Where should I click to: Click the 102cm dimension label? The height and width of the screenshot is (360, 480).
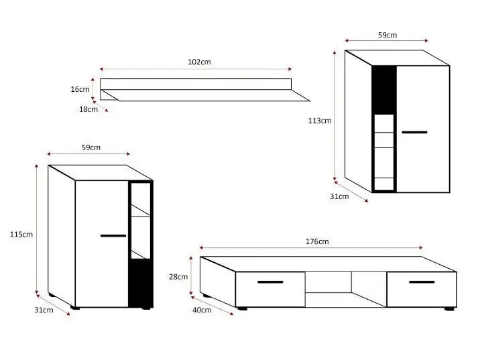point(199,62)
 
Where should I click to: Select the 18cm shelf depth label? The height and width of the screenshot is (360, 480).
point(87,109)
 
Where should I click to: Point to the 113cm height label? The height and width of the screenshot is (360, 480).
point(318,121)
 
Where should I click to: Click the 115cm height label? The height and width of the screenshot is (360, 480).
point(21,235)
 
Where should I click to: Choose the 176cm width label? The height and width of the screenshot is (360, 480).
point(316,241)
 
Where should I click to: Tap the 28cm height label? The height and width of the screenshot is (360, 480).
point(179,276)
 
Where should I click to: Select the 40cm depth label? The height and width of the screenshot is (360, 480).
point(201,310)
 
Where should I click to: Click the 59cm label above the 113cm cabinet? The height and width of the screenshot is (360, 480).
point(387,35)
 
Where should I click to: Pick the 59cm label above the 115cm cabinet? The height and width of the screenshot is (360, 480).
point(91,147)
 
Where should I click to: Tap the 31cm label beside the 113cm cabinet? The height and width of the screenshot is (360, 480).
point(339,196)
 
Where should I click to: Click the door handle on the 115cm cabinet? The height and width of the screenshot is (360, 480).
point(113,236)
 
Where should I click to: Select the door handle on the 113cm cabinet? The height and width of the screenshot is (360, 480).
point(414,132)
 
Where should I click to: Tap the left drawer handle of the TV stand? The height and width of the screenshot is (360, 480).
point(270,282)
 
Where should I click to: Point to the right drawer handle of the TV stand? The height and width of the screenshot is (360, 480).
point(422,282)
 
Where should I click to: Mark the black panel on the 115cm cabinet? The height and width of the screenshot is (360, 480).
point(140,283)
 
